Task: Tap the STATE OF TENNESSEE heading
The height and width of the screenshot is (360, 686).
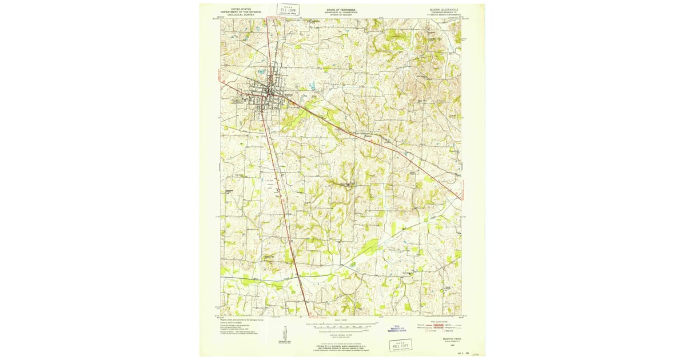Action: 340,10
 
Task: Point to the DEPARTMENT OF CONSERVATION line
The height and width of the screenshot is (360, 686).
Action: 340,13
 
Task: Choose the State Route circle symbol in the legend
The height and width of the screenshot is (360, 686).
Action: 453,331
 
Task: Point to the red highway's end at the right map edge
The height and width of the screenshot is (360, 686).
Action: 460,198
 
